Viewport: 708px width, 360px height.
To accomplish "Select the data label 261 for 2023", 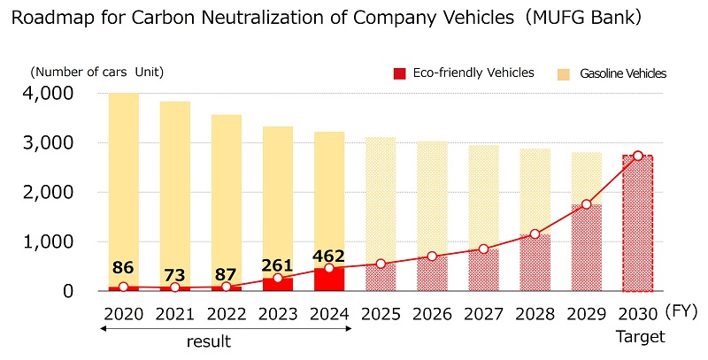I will click(x=278, y=265).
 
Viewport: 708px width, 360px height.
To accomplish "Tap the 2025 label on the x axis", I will click(x=381, y=313).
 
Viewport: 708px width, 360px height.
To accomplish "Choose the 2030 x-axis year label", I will click(x=637, y=313).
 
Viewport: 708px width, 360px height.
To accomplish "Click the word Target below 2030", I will click(x=637, y=337).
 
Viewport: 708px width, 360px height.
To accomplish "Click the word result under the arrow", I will click(x=208, y=342).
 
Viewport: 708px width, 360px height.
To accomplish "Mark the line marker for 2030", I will click(x=637, y=156).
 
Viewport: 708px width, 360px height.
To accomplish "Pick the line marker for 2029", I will click(x=586, y=204).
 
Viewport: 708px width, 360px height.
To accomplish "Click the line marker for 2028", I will click(x=535, y=234).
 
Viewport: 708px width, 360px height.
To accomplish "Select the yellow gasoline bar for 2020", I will click(x=124, y=177).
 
